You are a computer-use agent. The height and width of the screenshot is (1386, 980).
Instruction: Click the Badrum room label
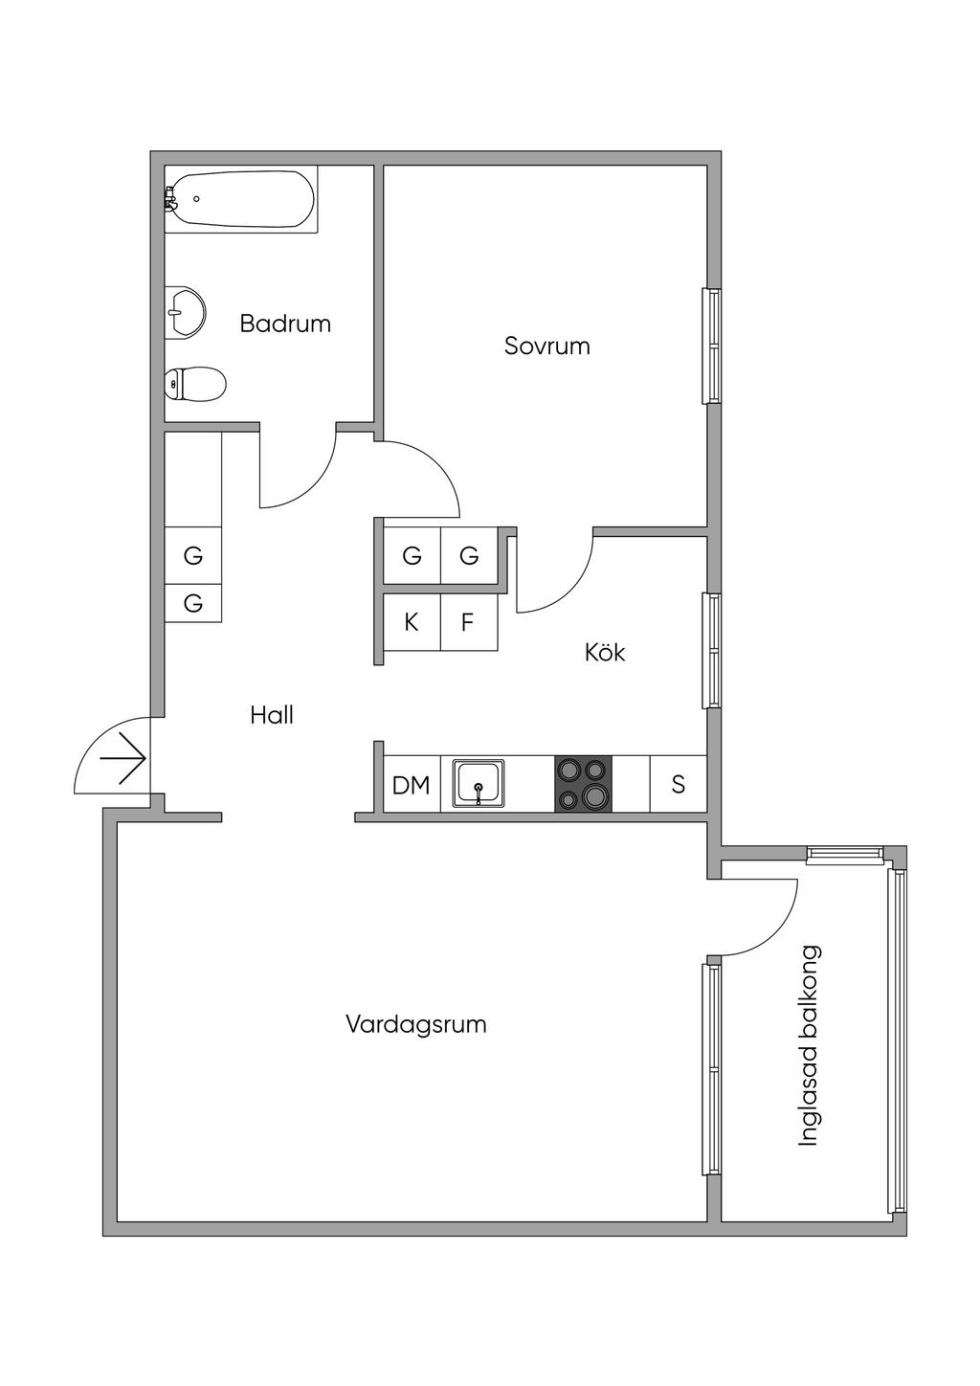[285, 324]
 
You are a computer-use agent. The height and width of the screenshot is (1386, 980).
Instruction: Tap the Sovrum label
[546, 346]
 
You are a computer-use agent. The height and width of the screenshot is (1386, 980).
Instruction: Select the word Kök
[605, 653]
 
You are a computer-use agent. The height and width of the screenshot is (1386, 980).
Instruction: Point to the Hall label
[272, 715]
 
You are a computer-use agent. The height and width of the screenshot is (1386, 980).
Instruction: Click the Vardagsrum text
[416, 1024]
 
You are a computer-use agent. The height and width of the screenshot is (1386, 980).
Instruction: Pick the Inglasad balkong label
[810, 1045]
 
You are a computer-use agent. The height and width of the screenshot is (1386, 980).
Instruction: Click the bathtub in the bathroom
[241, 199]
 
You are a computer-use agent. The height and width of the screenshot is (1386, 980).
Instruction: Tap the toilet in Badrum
[195, 385]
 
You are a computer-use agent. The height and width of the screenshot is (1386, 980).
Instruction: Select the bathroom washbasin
[186, 311]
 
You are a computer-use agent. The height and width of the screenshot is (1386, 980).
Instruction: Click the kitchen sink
[479, 784]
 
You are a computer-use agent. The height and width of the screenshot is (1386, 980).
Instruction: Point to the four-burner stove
[583, 784]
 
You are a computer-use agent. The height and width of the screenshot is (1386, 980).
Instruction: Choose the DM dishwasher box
[412, 785]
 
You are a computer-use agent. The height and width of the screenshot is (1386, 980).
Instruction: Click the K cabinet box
[412, 622]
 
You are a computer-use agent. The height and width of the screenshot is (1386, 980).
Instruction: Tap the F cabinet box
[468, 622]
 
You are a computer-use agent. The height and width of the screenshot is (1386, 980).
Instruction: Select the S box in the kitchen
[679, 784]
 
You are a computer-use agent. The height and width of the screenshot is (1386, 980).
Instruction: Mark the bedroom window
[712, 346]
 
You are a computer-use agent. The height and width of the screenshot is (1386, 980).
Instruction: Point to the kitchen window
[712, 651]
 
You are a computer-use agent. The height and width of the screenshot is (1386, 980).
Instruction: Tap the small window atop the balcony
[844, 854]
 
